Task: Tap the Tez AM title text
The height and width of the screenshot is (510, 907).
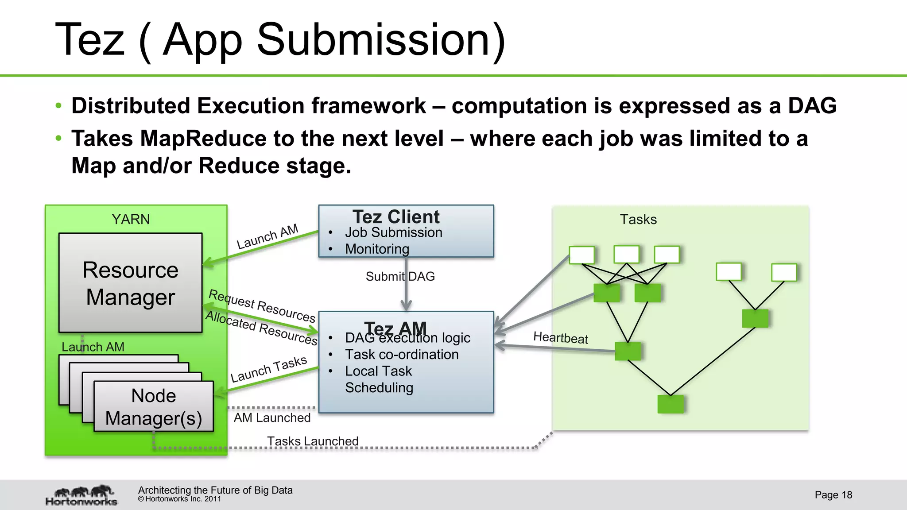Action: [x=395, y=328]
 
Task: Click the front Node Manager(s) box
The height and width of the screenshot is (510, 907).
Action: [x=153, y=406]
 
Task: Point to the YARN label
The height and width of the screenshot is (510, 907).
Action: [x=131, y=219]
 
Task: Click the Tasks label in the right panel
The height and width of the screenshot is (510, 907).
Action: [x=638, y=219]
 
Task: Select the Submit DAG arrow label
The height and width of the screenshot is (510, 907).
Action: [x=400, y=276]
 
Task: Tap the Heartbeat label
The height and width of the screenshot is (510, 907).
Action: [x=560, y=338]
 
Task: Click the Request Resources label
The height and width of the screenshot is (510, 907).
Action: [x=262, y=305]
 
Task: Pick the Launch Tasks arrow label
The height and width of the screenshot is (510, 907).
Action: [x=268, y=369]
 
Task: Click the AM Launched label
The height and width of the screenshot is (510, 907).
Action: [x=272, y=417]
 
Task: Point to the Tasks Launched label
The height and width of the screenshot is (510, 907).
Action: [x=313, y=441]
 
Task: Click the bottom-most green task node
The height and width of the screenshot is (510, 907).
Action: [x=671, y=404]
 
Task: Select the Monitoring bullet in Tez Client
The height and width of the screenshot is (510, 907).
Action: [x=377, y=249]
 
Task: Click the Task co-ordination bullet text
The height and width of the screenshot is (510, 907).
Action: [x=402, y=354]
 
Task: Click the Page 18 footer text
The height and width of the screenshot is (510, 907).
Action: [x=833, y=495]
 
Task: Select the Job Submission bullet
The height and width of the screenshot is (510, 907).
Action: [x=393, y=232]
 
